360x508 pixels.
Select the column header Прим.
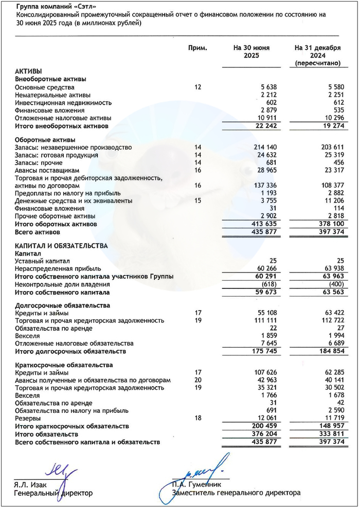(198, 48)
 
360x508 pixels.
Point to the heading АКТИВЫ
(29, 71)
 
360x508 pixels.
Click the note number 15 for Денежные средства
(198, 201)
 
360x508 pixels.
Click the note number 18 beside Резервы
(198, 419)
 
